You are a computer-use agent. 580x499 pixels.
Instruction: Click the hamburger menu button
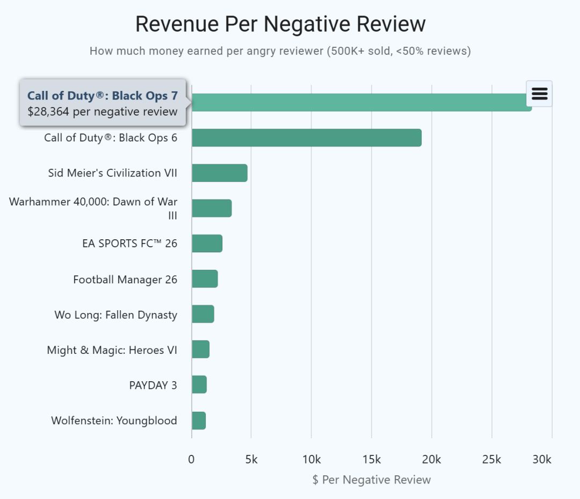click(539, 94)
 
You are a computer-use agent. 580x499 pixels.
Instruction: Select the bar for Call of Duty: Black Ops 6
click(306, 138)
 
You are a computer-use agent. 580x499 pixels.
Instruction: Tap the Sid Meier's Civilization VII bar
click(219, 173)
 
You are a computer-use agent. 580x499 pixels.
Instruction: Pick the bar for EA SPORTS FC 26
click(207, 244)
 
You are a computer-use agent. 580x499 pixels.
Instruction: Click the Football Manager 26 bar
click(205, 279)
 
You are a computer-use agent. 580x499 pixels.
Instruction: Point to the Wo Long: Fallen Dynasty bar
click(202, 315)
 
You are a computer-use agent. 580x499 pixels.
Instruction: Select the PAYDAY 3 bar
click(199, 385)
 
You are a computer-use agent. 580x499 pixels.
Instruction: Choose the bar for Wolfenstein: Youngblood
click(198, 420)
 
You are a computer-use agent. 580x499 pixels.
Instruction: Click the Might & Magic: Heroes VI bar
click(200, 350)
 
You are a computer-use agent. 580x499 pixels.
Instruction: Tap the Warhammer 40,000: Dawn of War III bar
click(212, 208)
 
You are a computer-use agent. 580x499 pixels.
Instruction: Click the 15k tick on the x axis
click(372, 460)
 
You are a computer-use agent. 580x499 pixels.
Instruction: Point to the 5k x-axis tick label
click(251, 460)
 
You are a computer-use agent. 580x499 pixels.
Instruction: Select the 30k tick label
click(542, 460)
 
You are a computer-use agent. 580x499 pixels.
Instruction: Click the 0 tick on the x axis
click(192, 460)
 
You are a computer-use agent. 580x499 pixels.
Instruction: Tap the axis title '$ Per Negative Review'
click(372, 480)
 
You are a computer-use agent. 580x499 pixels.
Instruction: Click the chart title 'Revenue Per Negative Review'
click(280, 24)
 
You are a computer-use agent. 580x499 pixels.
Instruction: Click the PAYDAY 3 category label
click(153, 385)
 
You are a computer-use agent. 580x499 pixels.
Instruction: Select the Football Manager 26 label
click(125, 280)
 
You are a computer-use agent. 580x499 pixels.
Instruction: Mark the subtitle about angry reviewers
click(280, 51)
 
